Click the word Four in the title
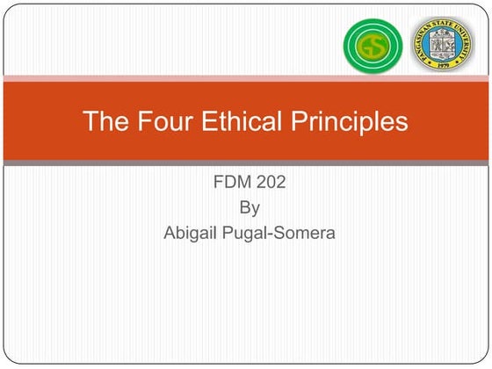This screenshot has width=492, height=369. click(153, 121)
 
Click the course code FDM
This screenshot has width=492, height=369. click(231, 184)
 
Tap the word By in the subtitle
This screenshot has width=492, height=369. click(250, 209)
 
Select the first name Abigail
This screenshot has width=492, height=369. click(192, 234)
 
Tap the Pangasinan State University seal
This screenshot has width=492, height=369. click(442, 46)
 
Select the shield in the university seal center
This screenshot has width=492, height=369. click(442, 45)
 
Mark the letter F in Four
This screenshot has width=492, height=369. click(136, 121)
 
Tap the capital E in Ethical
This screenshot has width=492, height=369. click(202, 121)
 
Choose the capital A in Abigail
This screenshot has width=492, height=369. click(170, 233)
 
